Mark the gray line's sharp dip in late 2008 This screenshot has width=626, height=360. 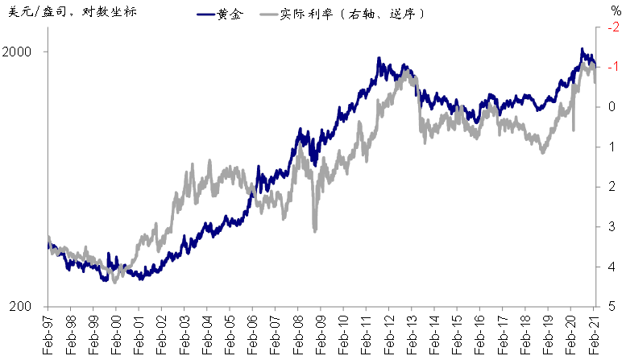314,231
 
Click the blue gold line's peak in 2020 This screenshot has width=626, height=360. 582,50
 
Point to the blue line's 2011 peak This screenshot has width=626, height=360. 379,59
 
